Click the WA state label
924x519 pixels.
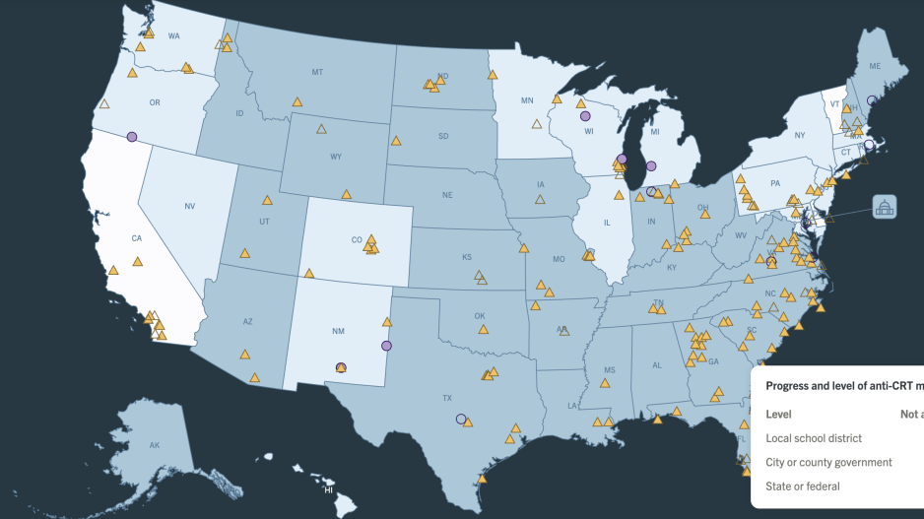[173, 36]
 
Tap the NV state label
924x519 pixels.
[189, 206]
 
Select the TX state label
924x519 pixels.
[447, 399]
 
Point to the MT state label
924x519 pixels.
[317, 72]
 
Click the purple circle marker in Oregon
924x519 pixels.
[132, 137]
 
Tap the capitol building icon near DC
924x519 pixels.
[884, 207]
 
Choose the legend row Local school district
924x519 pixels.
[814, 438]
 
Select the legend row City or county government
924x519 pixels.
[828, 462]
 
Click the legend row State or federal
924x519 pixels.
[803, 486]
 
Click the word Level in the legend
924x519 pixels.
[778, 415]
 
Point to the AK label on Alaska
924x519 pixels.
[155, 446]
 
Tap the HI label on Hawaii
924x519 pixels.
[329, 489]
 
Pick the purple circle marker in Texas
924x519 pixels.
[461, 419]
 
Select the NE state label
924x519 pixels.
[447, 195]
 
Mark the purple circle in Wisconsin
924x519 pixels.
[585, 115]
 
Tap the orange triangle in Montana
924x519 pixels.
[296, 100]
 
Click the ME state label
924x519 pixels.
[875, 65]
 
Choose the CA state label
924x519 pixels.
[138, 237]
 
